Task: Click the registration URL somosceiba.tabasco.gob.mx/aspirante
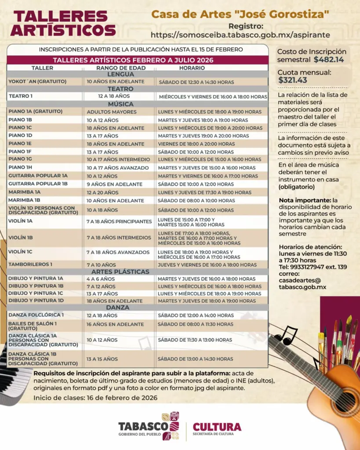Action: pos(240,35)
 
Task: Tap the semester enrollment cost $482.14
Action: pos(329,59)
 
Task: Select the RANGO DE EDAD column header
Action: pos(118,68)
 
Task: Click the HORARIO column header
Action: pos(192,68)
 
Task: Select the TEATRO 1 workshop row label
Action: pos(21,96)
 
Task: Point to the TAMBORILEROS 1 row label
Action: pos(30,265)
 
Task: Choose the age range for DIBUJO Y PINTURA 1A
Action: pos(101,279)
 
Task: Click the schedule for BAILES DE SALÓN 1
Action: pos(196,324)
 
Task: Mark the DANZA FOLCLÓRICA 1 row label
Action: pos(36,315)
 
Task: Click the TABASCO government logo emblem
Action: pos(171,425)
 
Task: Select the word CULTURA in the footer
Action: pos(217,427)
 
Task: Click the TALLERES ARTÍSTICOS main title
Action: pos(63,23)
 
